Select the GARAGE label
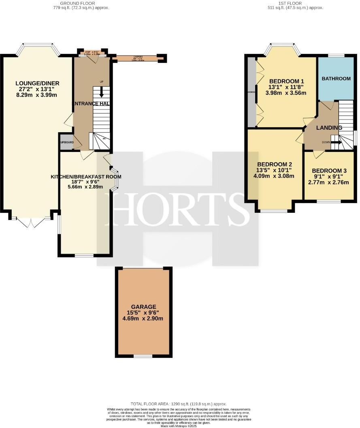pyautogui.click(x=144, y=306)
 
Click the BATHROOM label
pyautogui.click(x=336, y=78)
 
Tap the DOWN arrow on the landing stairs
pyautogui.click(x=337, y=142)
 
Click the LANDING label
pyautogui.click(x=329, y=128)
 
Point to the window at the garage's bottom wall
pyautogui.click(x=143, y=356)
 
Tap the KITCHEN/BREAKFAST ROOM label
pyautogui.click(x=86, y=177)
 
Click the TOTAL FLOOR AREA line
pyautogui.click(x=179, y=404)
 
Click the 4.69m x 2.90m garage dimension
pyautogui.click(x=144, y=319)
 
